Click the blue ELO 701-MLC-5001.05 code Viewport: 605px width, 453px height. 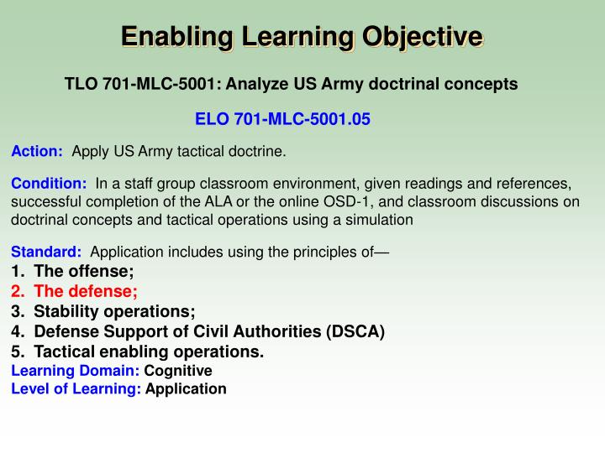coord(282,119)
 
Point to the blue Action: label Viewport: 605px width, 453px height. coord(37,152)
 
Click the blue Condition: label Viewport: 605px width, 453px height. coord(49,184)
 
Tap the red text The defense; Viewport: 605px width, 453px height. coord(86,291)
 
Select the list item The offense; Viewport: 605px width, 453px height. coord(84,271)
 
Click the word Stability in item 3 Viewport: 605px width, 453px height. coord(65,311)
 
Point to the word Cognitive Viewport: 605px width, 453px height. coord(178,370)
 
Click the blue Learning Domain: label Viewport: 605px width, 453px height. coord(75,370)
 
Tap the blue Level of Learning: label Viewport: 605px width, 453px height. coord(76,388)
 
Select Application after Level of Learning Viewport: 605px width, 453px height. coord(186,388)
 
